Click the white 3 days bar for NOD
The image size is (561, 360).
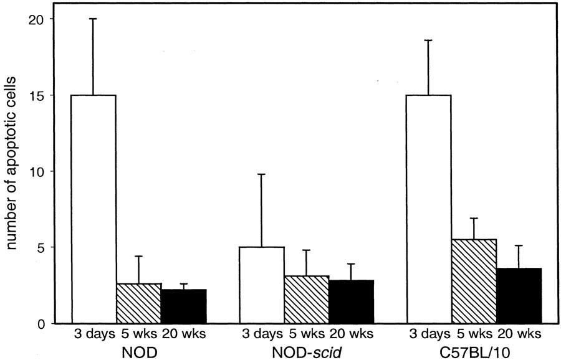point(93,209)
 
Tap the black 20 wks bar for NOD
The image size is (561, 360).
point(183,306)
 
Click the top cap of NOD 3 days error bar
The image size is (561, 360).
point(93,19)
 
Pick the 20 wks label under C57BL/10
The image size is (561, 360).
point(522,335)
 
